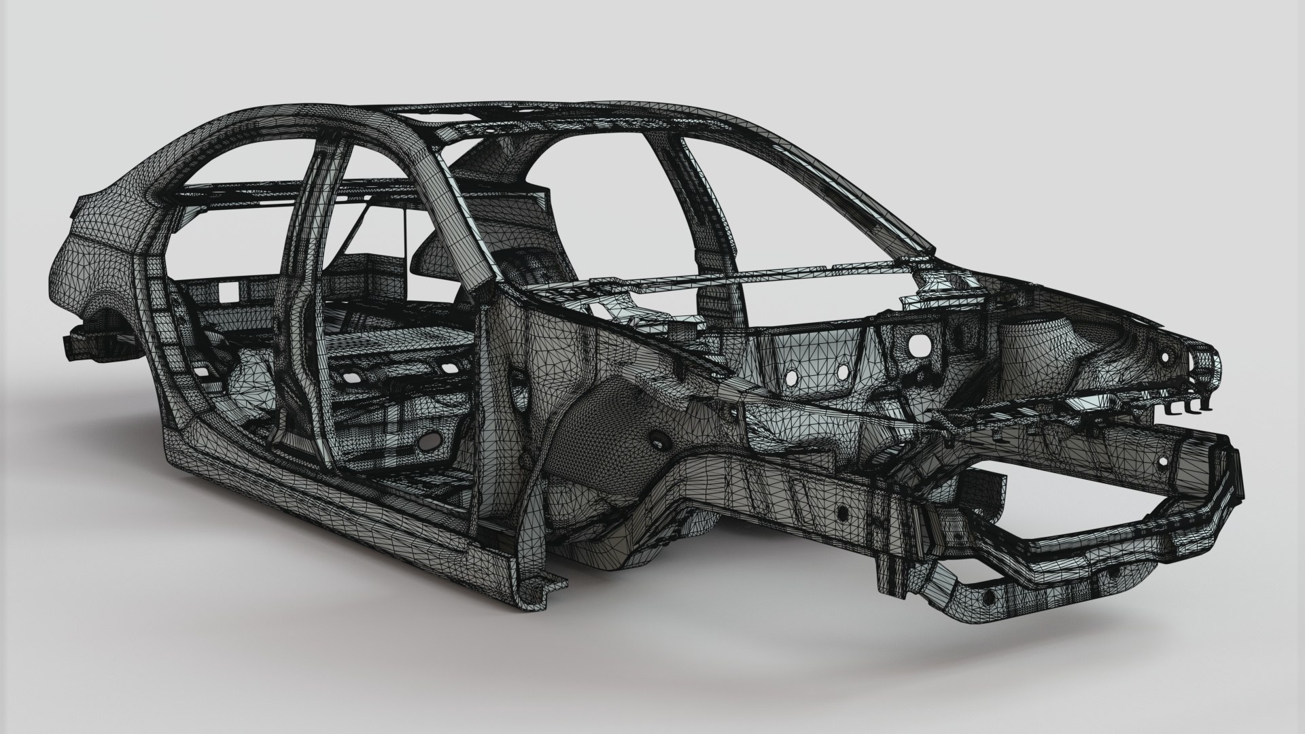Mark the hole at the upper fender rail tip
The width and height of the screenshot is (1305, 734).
pos(1164,356)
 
